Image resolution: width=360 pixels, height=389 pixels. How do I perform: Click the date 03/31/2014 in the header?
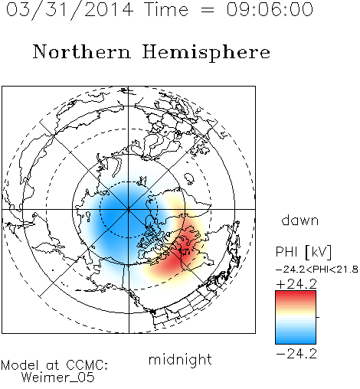[x=70, y=9]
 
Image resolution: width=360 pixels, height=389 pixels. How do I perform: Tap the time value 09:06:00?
[x=270, y=9]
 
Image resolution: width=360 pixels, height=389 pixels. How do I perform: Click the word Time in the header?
[x=166, y=9]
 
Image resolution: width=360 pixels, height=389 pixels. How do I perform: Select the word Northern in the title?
[x=82, y=51]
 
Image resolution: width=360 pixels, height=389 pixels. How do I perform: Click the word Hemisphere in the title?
[x=206, y=53]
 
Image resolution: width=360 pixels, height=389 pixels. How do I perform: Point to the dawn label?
[x=300, y=220]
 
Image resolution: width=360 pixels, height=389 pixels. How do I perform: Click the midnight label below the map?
[x=180, y=360]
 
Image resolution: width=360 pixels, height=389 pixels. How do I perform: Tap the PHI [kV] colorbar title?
[x=303, y=252]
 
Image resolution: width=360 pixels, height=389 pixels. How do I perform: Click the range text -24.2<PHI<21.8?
[x=317, y=270]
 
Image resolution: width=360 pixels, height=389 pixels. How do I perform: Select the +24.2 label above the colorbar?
[x=296, y=284]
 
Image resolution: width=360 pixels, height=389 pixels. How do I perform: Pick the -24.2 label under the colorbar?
[x=296, y=354]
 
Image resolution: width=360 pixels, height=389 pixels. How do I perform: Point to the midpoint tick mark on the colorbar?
[x=318, y=317]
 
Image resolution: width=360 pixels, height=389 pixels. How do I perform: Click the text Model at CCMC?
[x=54, y=365]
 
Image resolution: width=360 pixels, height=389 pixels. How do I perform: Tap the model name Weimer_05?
[x=58, y=378]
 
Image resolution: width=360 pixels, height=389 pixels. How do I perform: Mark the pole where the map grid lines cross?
[x=129, y=209]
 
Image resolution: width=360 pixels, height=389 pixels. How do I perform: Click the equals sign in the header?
[x=208, y=10]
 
